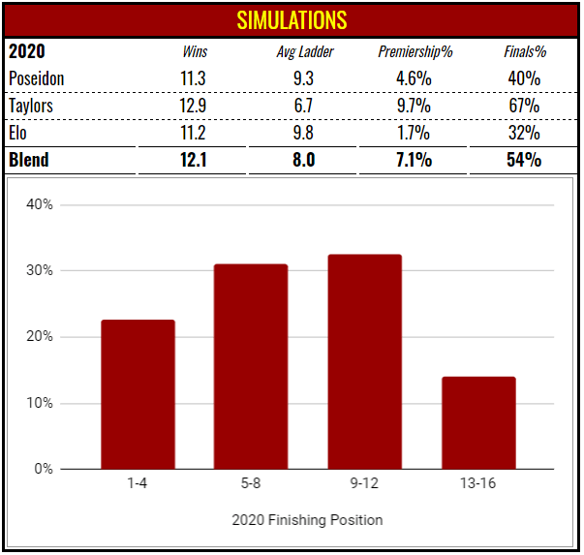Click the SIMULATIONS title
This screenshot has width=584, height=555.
(292, 19)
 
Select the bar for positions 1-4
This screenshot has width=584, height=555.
(138, 394)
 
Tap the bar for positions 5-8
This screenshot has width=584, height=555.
(251, 366)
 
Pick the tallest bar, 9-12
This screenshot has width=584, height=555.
(364, 361)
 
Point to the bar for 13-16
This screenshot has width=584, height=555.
(477, 422)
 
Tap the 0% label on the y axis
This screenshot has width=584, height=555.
(43, 469)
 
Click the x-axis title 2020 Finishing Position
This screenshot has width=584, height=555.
(307, 520)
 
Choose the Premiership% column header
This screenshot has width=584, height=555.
(415, 51)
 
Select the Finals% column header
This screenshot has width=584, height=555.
(524, 51)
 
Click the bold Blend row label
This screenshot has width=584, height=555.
(29, 160)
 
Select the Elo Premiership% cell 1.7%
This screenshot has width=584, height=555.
(415, 133)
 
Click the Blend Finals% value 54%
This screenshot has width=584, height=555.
(524, 160)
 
